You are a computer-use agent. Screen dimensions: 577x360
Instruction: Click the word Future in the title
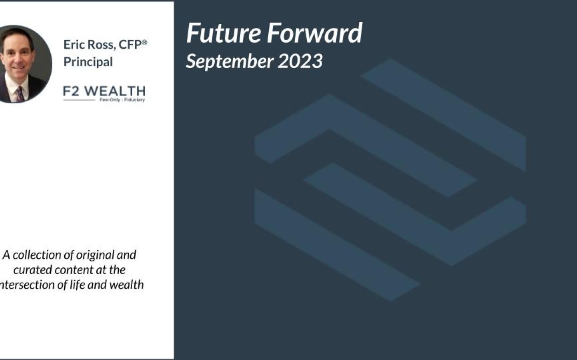pyautogui.click(x=223, y=33)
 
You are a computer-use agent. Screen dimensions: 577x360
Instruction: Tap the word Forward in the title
pyautogui.click(x=314, y=33)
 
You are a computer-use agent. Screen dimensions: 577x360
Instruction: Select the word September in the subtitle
pyautogui.click(x=230, y=62)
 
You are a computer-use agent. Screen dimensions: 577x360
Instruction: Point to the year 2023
pyautogui.click(x=300, y=61)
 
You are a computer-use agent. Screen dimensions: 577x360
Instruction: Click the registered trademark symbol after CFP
pyautogui.click(x=145, y=42)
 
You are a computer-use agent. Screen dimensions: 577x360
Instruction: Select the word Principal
pyautogui.click(x=88, y=62)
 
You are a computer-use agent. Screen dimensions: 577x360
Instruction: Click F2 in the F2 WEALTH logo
pyautogui.click(x=71, y=91)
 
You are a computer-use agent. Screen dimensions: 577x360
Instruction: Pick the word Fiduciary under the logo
pyautogui.click(x=134, y=100)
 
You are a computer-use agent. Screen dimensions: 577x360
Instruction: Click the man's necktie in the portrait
pyautogui.click(x=20, y=94)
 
